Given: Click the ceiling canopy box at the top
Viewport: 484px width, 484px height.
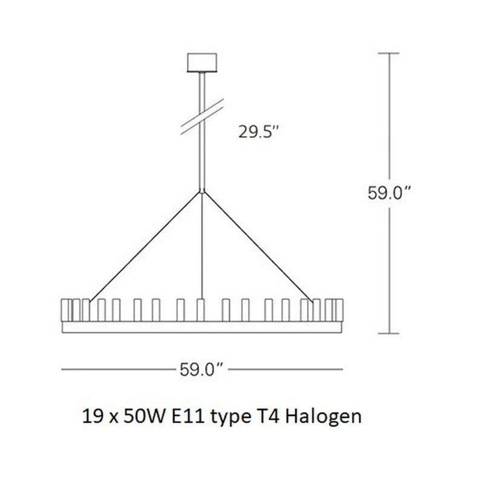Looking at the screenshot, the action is pos(202,63).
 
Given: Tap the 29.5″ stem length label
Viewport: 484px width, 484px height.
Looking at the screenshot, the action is pos(259,132).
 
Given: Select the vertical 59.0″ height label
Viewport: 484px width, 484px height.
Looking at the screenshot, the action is pos(389,193).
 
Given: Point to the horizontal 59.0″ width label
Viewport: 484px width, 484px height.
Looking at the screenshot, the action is pos(201,369).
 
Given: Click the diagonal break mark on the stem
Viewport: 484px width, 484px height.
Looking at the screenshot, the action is pos(202,117).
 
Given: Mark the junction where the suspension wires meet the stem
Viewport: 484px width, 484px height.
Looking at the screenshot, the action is pos(202,192).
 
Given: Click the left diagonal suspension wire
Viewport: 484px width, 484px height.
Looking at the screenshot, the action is pos(145,246).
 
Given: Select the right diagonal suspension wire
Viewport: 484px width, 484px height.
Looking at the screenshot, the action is pos(258,246).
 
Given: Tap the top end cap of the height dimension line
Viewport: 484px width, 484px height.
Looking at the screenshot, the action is pos(388,53).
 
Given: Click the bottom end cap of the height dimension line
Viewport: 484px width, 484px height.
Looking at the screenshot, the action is pos(388,333).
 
